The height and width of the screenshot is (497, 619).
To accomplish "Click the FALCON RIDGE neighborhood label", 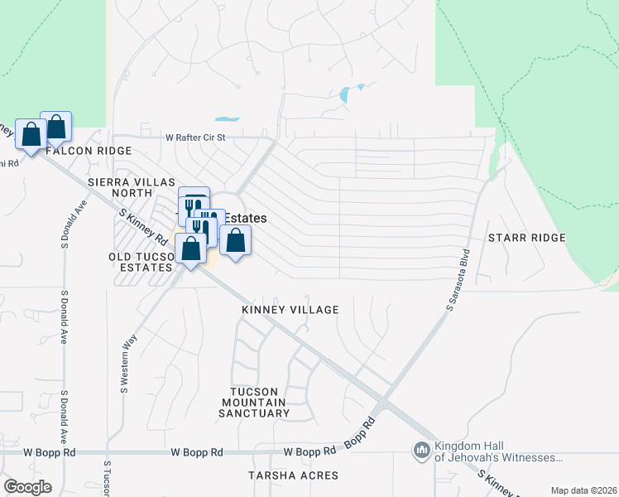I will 89,151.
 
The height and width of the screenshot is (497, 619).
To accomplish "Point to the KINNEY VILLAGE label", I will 290,310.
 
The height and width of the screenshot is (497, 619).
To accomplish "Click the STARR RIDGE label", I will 526,238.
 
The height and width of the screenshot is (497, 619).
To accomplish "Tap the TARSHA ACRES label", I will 294,475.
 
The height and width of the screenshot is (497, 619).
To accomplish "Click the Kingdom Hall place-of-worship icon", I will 421,451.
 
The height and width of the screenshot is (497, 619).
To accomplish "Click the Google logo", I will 27,486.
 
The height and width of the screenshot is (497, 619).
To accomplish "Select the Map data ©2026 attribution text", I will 583,490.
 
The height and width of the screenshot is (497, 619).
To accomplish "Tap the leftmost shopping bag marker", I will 31,134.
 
